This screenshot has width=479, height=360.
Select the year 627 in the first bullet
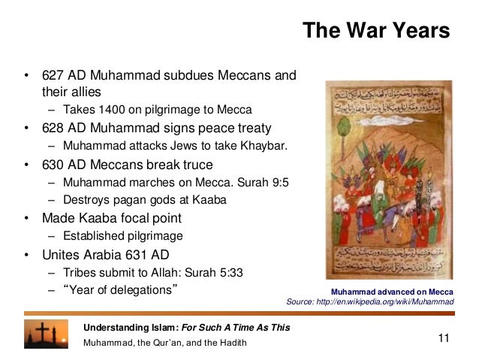click(52, 76)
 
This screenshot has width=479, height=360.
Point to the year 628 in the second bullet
click(52, 128)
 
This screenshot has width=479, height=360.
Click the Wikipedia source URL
click(390, 302)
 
